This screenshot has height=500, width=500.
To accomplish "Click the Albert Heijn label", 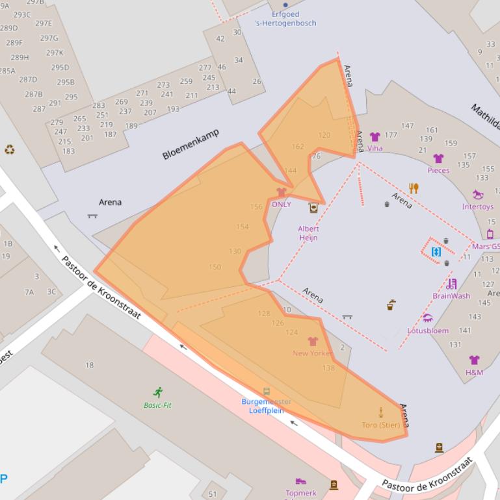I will (308, 233).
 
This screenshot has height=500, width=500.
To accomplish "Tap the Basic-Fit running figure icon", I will (157, 392).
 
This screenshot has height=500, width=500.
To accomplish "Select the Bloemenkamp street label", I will (191, 144).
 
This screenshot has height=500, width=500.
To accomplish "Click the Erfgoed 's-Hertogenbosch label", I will (285, 18).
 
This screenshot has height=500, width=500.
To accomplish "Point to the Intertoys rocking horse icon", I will (478, 195).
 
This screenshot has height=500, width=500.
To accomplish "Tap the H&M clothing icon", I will (474, 360).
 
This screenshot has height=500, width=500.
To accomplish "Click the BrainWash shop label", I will (451, 296).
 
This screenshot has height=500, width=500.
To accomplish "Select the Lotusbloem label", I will (428, 331).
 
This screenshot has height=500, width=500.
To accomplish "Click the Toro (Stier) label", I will (381, 425).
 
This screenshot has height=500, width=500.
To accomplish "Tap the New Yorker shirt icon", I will (313, 342).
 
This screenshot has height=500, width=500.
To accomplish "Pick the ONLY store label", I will (282, 205).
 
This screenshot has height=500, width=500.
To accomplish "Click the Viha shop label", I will (375, 148).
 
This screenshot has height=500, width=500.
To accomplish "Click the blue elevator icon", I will (436, 251).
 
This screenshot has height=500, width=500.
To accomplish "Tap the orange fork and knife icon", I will (414, 188).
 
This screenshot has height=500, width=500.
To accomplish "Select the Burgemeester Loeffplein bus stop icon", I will (266, 392).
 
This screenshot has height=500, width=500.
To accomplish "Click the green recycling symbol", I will (9, 149).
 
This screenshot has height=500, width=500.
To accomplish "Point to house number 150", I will (215, 267).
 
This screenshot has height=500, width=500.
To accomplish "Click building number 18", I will (90, 365).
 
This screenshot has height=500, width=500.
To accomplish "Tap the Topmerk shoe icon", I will (300, 482).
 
